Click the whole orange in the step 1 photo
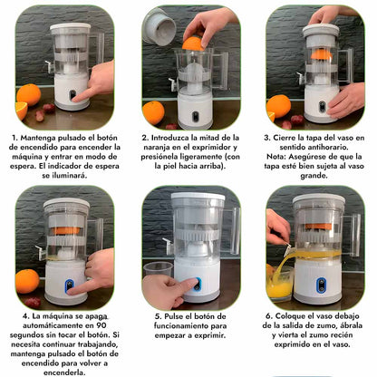(x=29, y=95)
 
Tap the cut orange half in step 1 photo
(x=21, y=111)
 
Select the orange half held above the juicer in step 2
(x=192, y=44)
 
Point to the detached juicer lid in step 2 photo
(x=159, y=27)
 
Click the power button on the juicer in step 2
(x=196, y=116)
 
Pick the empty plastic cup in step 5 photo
(x=158, y=269)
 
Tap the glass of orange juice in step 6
(x=278, y=284)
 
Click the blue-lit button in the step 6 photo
(x=321, y=285)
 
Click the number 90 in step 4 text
(x=101, y=325)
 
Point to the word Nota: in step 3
(x=276, y=157)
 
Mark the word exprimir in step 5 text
(x=210, y=335)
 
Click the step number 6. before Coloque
(x=269, y=316)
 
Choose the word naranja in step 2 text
(x=156, y=148)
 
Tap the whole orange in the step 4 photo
(x=27, y=281)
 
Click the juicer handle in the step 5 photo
(x=231, y=229)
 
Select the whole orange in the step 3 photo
(x=278, y=106)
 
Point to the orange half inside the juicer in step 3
(x=322, y=54)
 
